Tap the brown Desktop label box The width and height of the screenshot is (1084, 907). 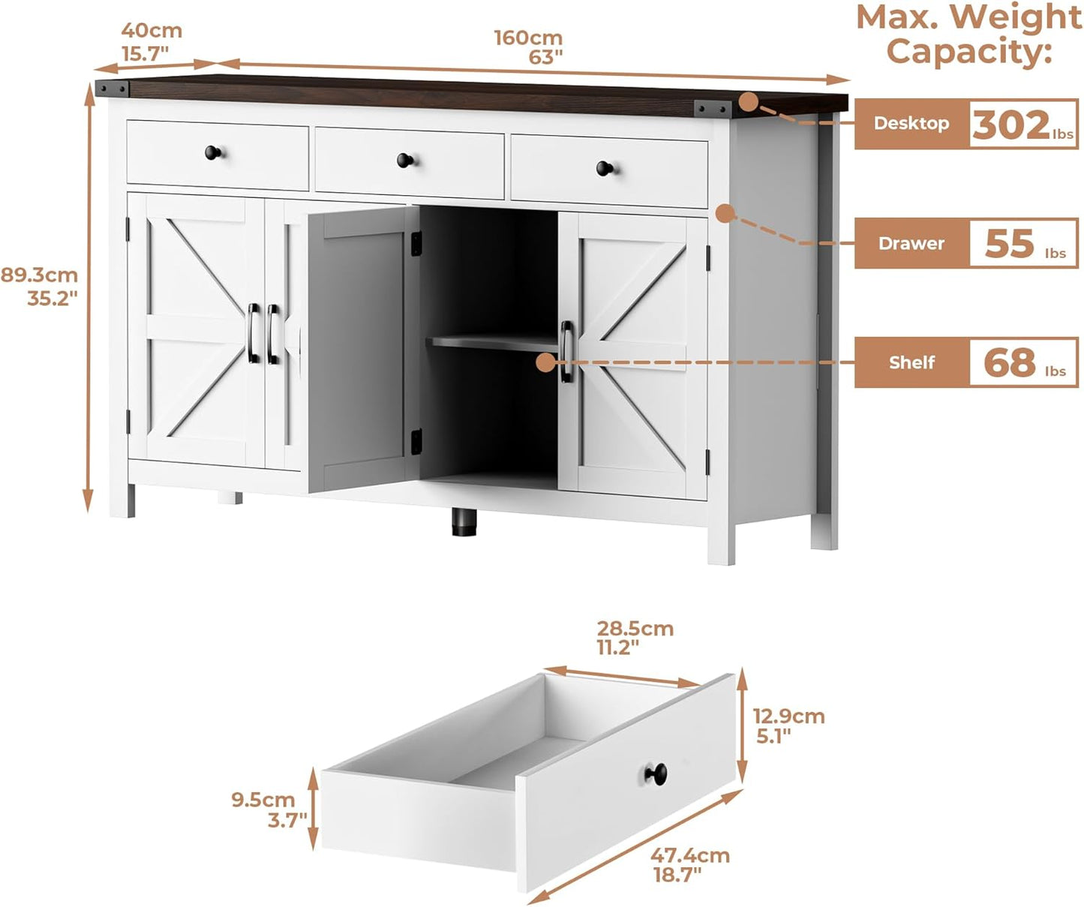coord(911,124)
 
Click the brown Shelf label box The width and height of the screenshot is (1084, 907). coord(911,362)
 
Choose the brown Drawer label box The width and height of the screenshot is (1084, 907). coord(911,244)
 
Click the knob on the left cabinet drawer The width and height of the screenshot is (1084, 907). coord(214,153)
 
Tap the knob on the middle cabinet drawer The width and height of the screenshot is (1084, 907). coord(405,160)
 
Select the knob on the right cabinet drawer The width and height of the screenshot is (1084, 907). coord(605,168)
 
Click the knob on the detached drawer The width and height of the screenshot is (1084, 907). coord(656,773)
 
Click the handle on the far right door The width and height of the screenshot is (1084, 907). coord(566,351)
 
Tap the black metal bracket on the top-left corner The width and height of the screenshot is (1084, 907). coord(112,88)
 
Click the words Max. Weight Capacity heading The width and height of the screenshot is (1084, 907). coord(968,35)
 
